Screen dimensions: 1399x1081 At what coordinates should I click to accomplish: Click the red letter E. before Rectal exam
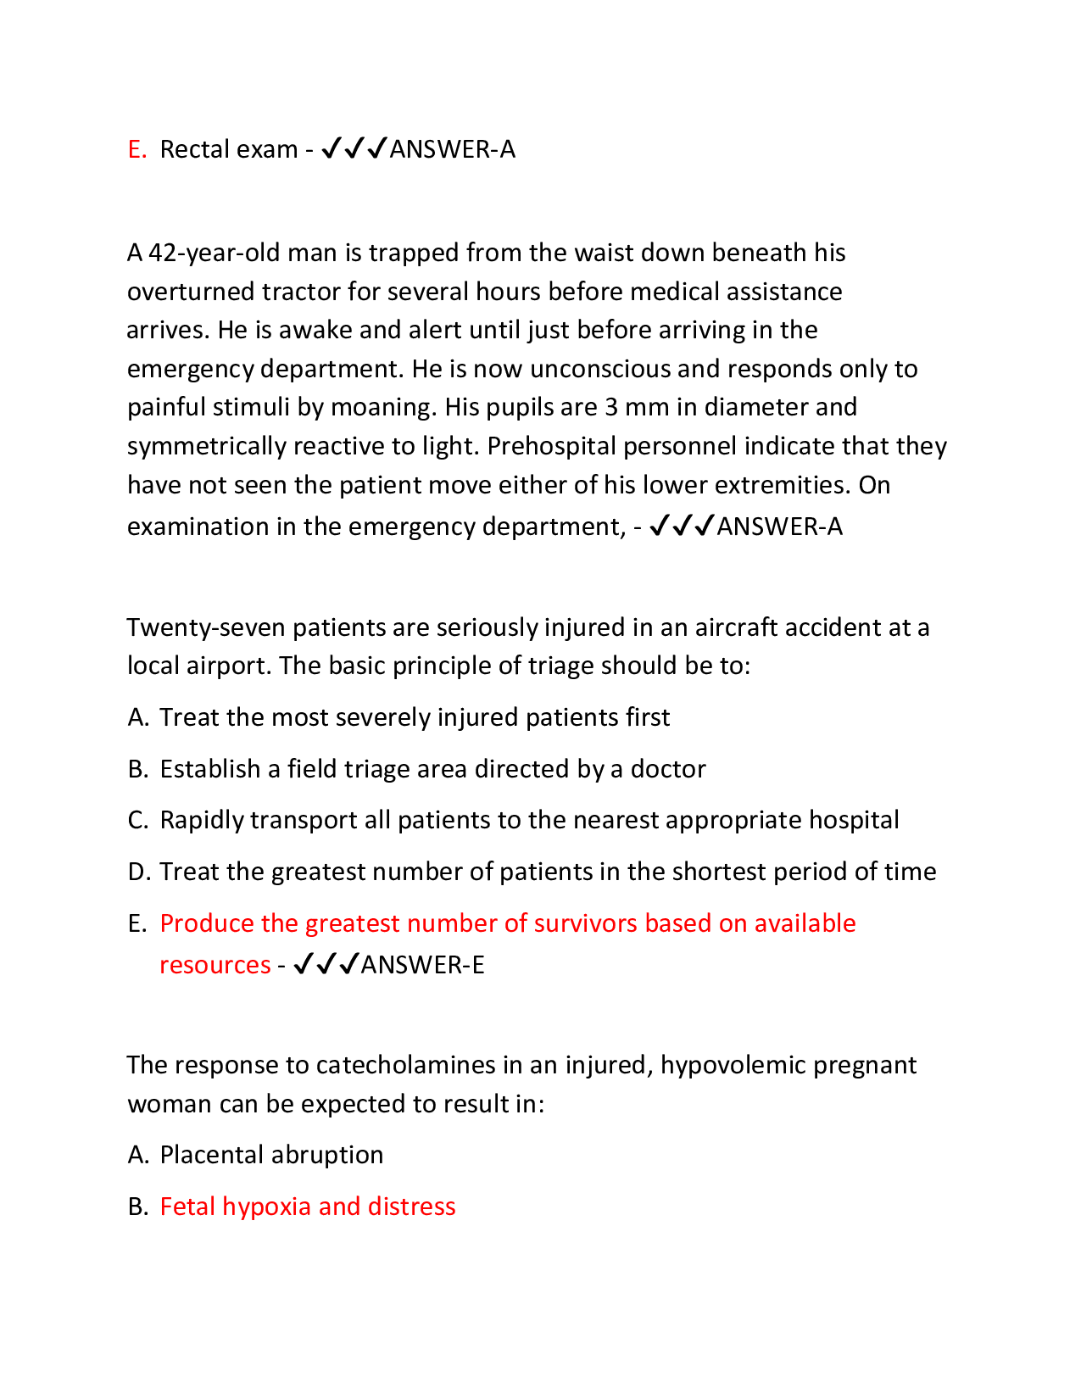pyautogui.click(x=137, y=149)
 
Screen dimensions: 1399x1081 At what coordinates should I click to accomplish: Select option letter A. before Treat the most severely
pyautogui.click(x=137, y=717)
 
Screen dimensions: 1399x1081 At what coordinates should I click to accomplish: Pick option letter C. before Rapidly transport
pyautogui.click(x=137, y=820)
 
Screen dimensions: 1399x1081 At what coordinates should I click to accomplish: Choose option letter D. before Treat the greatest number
pyautogui.click(x=138, y=872)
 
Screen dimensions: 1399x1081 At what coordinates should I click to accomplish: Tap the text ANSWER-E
pyautogui.click(x=422, y=965)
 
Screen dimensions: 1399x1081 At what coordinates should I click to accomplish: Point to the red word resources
pyautogui.click(x=215, y=965)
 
